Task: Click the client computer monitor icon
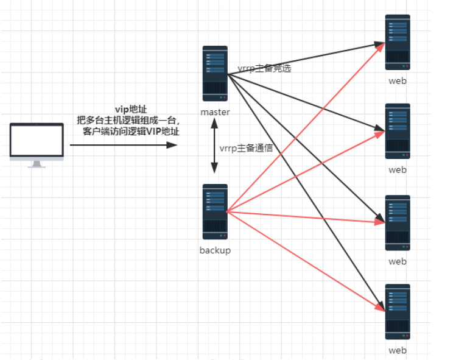coord(37,141)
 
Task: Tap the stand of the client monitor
coord(37,164)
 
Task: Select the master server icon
coord(215,74)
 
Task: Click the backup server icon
coord(215,212)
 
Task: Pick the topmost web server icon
coord(398,43)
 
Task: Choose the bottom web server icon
coord(398,311)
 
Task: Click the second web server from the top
coord(398,132)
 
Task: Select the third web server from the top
coord(398,223)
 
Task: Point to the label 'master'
coord(215,112)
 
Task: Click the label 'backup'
coord(215,250)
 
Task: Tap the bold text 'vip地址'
coord(131,109)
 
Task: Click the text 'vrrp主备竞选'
coord(264,68)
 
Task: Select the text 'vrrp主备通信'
coord(246,148)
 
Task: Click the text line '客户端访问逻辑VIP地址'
coord(131,131)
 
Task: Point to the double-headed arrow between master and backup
coord(214,146)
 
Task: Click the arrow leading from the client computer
coord(122,145)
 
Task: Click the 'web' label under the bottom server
coord(398,350)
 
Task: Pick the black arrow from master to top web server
coord(304,60)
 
